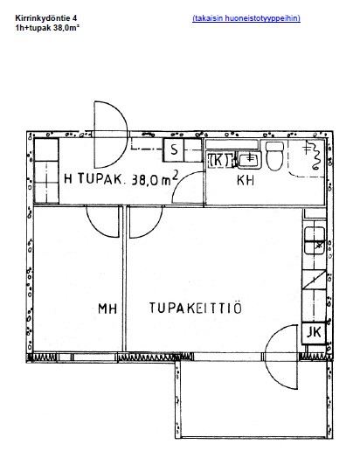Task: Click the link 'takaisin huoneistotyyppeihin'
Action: pyautogui.click(x=246, y=18)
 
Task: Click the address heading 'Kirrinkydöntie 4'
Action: pyautogui.click(x=46, y=18)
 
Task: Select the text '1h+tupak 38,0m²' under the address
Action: pyautogui.click(x=47, y=28)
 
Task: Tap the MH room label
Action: pyautogui.click(x=107, y=309)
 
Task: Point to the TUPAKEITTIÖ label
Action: pyautogui.click(x=196, y=308)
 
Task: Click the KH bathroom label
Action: pyautogui.click(x=246, y=180)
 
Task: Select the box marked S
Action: pyautogui.click(x=174, y=150)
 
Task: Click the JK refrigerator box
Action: pyautogui.click(x=314, y=332)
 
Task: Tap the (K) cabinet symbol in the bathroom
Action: pyautogui.click(x=220, y=160)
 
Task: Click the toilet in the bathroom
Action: pyautogui.click(x=274, y=156)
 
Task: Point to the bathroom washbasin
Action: pyautogui.click(x=249, y=160)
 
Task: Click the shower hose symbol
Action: pyautogui.click(x=313, y=156)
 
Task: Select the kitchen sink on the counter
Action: pyautogui.click(x=315, y=240)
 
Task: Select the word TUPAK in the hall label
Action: pyautogui.click(x=100, y=178)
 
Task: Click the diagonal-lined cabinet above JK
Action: pyautogui.click(x=314, y=280)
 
